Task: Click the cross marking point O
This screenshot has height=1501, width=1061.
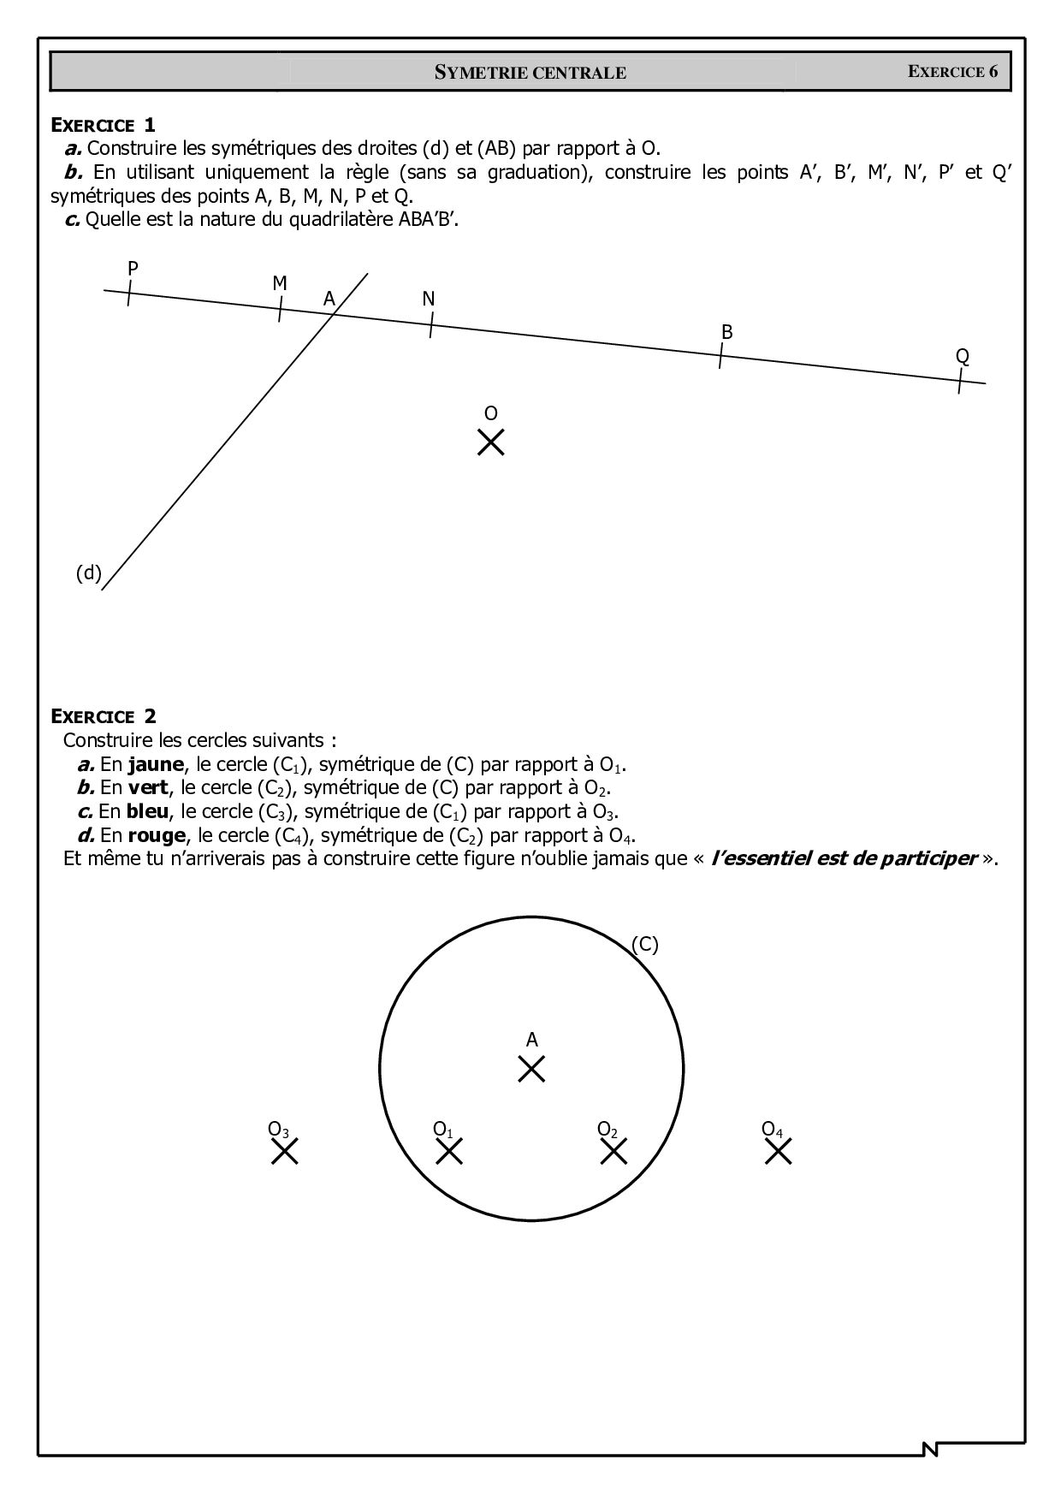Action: click(x=490, y=442)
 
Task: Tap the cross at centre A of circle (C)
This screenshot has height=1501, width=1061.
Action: click(x=531, y=1069)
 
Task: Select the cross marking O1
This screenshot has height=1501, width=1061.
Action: click(x=449, y=1152)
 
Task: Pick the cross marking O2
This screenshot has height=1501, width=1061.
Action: click(x=613, y=1152)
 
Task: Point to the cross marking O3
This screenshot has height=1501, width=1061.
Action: click(x=285, y=1152)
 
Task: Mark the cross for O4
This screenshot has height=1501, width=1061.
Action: click(x=778, y=1152)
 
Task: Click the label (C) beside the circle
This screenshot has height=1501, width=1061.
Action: click(x=644, y=944)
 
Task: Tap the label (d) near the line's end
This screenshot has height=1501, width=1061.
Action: click(x=88, y=573)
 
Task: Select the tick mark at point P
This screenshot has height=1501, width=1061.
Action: click(x=129, y=294)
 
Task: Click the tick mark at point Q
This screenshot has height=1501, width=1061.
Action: click(x=961, y=381)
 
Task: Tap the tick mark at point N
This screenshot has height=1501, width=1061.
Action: click(x=430, y=325)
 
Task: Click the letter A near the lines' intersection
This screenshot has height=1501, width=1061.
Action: click(x=329, y=299)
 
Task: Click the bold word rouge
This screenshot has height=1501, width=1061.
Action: click(x=157, y=835)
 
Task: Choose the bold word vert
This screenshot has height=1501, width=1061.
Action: click(x=147, y=787)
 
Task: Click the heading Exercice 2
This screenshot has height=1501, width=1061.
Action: click(x=104, y=716)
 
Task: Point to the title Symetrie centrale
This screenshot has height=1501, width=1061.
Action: click(x=530, y=73)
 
